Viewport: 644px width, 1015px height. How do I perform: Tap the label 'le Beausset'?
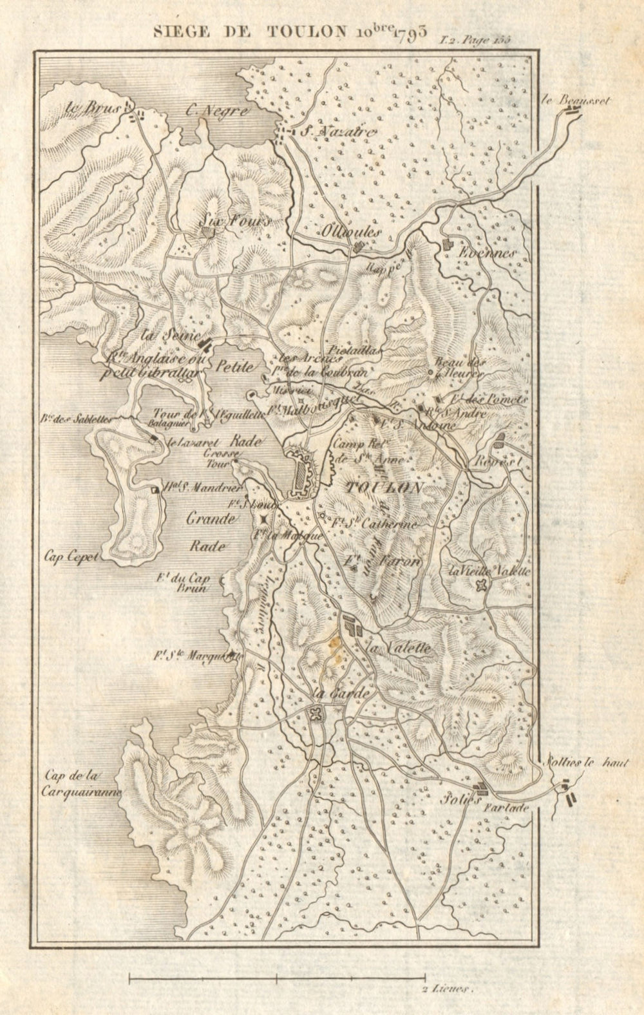pyautogui.click(x=570, y=100)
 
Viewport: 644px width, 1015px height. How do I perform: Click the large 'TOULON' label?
pyautogui.click(x=383, y=486)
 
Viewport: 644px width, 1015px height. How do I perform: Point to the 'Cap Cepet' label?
pyautogui.click(x=71, y=558)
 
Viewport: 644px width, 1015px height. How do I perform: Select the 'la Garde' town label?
pyautogui.click(x=341, y=694)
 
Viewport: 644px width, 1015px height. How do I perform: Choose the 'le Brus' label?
pyautogui.click(x=93, y=108)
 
